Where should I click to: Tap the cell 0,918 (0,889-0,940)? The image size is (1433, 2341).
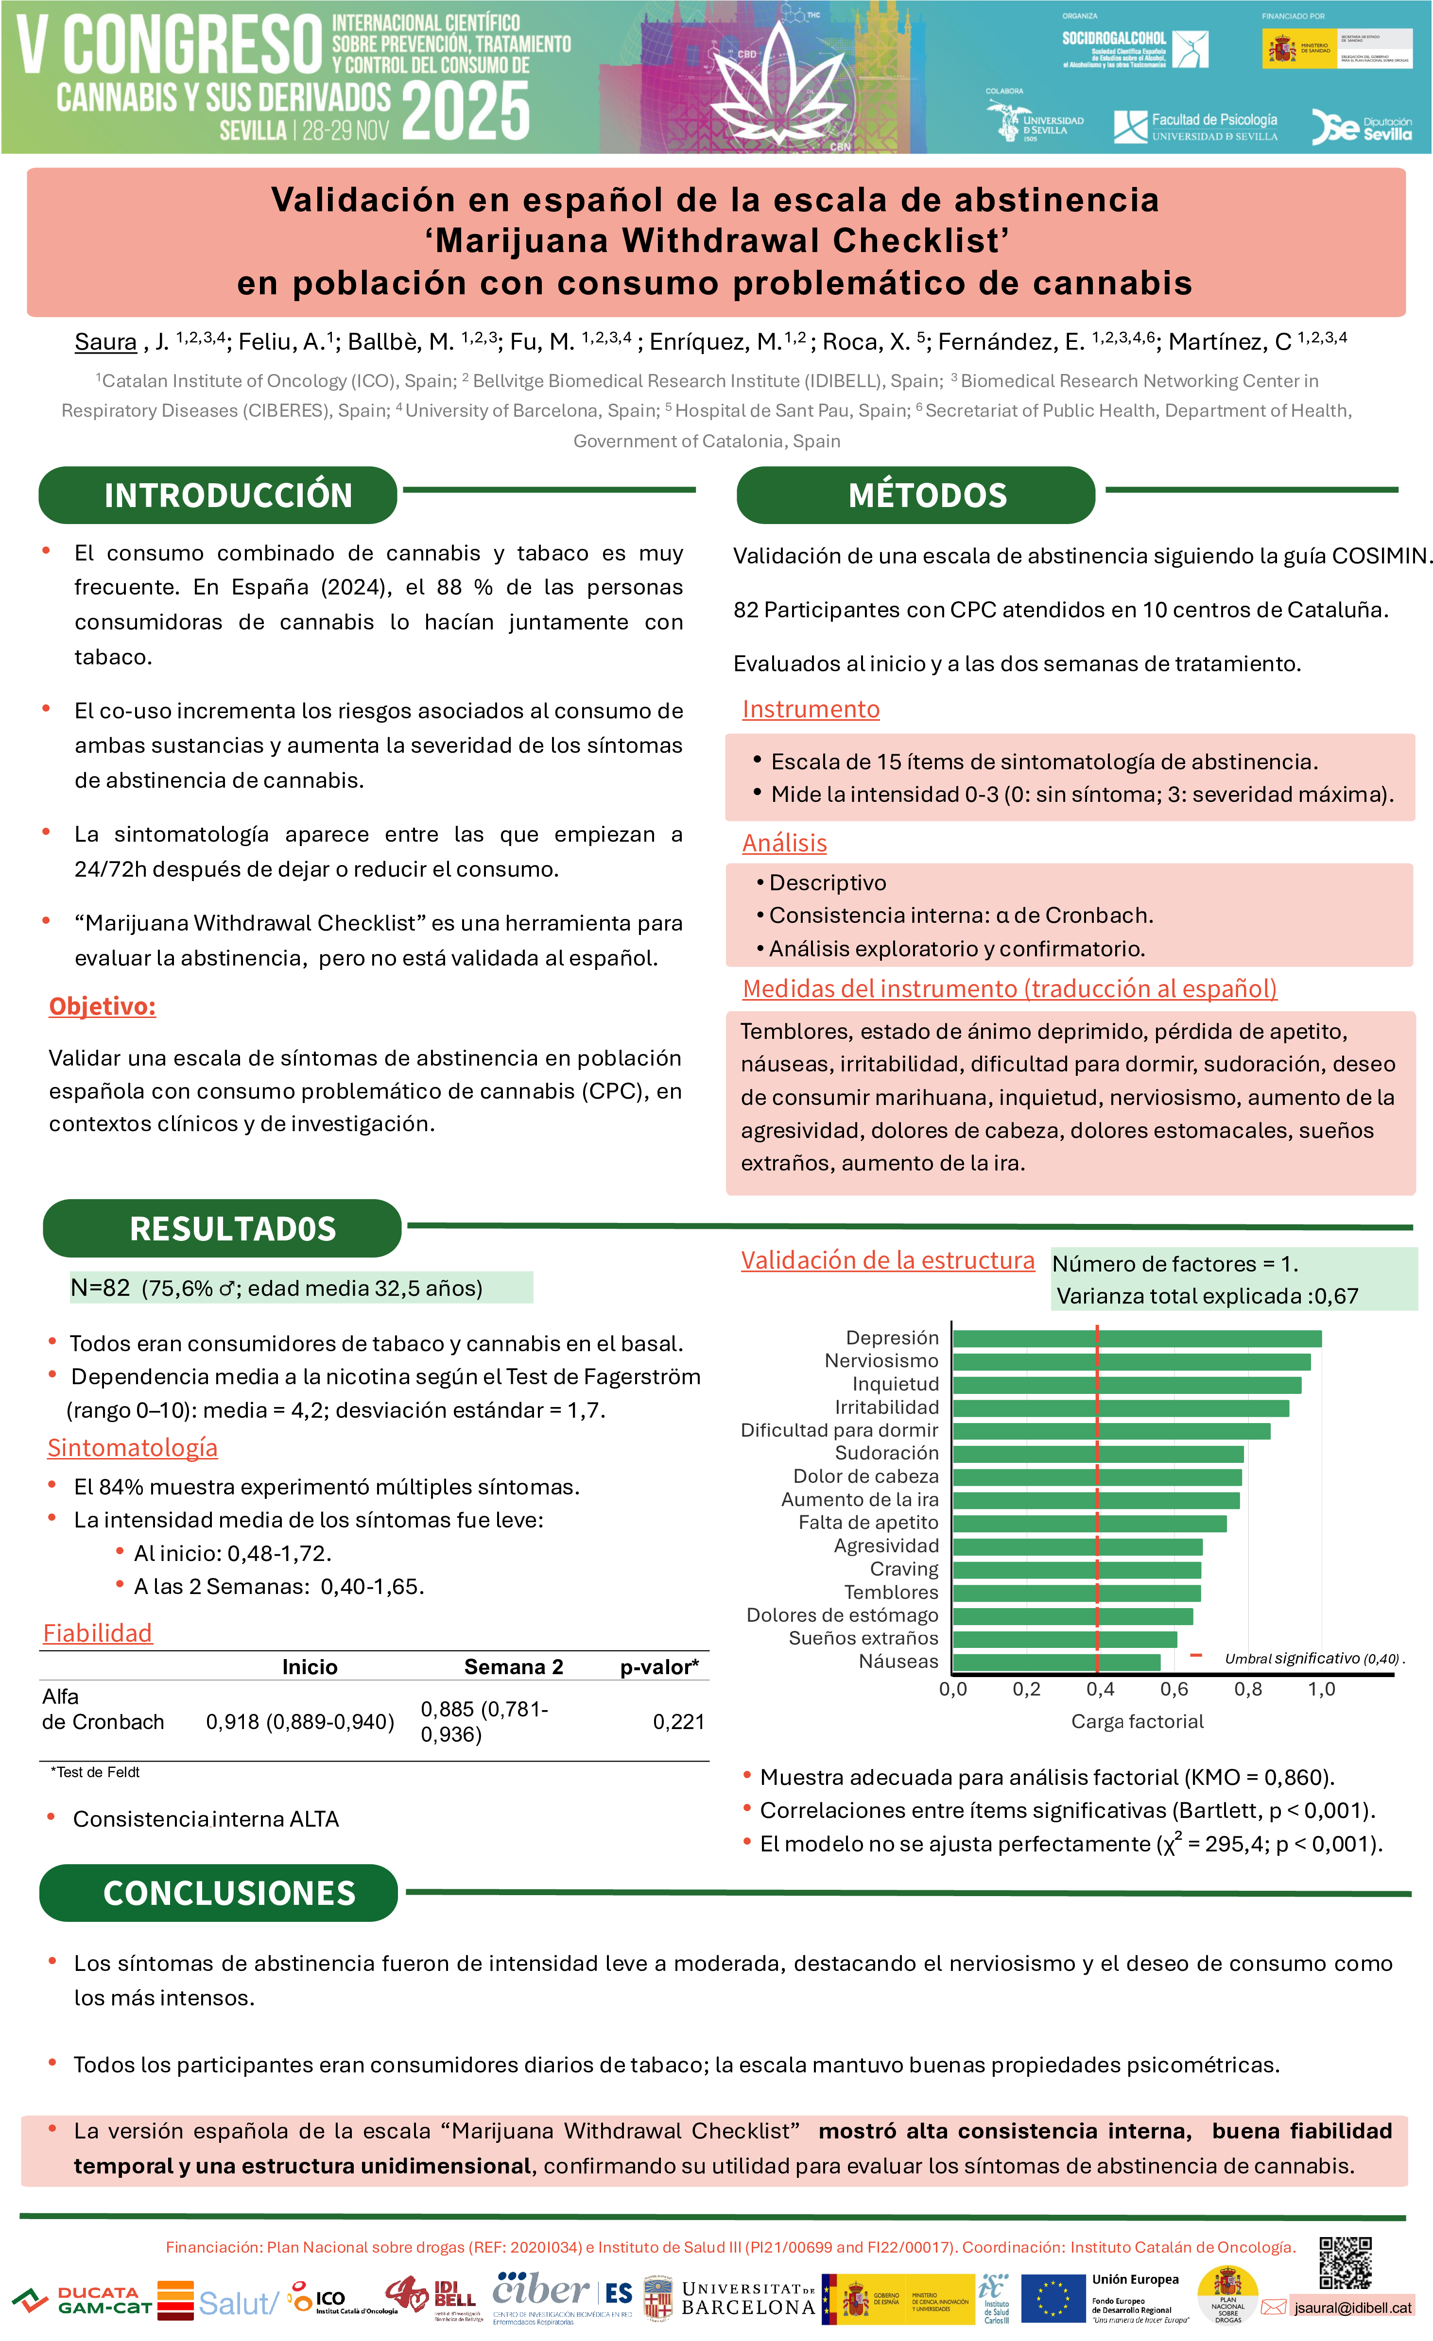(299, 1722)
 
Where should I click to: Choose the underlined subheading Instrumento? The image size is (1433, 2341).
(811, 710)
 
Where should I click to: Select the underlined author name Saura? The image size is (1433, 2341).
(105, 342)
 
